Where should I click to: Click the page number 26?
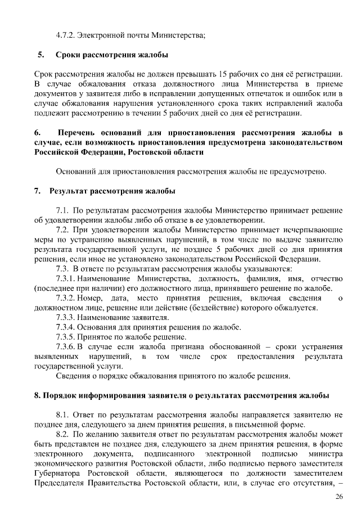339,496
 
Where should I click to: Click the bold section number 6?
37,132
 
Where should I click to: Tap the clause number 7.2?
62,230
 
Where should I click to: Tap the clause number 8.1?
62,415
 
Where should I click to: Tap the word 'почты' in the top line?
131,35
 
